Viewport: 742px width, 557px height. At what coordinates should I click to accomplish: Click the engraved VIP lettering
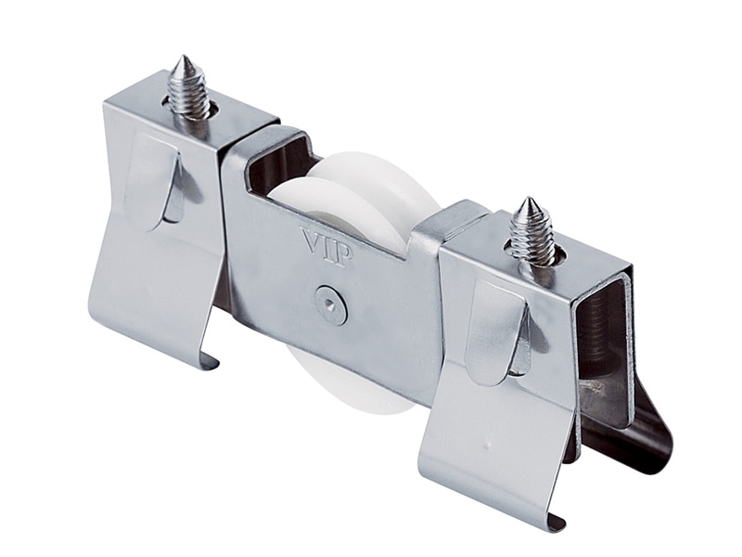click(327, 246)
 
